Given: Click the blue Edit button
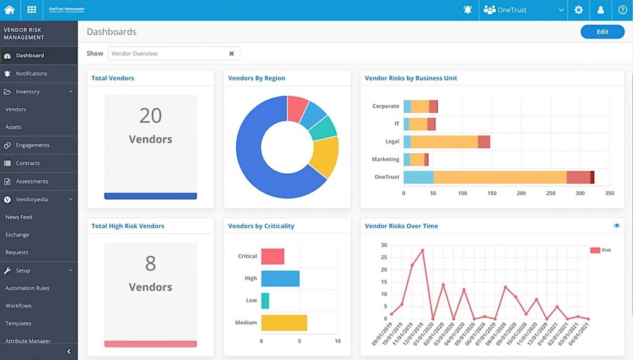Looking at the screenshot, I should pos(602,32).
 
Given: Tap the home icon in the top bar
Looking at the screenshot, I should pos(9,10).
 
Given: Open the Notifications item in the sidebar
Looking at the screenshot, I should pos(32,74).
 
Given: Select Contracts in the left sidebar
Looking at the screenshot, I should pos(28,163).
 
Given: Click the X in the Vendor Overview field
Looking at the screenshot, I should pos(232,54).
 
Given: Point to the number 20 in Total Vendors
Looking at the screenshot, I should pos(150,116).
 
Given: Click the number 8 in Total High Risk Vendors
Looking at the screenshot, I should pos(150,264).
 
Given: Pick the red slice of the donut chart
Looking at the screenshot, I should pos(297,109).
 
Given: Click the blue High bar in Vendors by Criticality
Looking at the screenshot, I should pos(280,278).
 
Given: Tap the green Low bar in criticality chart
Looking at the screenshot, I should pos(265,301).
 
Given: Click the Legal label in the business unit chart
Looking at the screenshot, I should pos(392,142).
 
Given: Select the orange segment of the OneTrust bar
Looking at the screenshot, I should pos(499,178).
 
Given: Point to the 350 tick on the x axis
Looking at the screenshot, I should pos(609,194).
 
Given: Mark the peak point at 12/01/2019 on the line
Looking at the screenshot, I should pos(422,251).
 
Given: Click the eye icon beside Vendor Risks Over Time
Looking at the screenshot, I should pos(616,226).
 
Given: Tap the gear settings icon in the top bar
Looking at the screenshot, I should pos(578,10).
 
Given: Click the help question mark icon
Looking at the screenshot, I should pos(622,10).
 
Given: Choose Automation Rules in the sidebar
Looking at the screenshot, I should pos(27,288).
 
